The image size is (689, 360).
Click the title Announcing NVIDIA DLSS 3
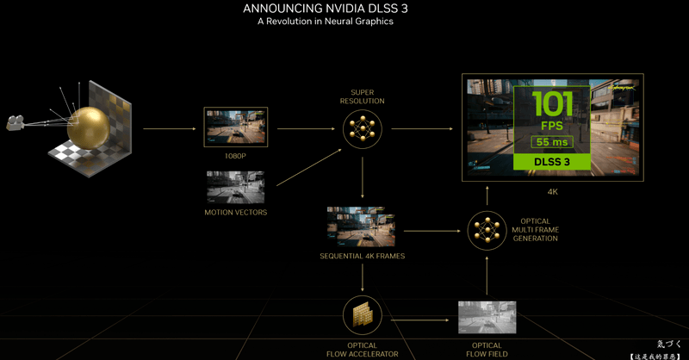325,9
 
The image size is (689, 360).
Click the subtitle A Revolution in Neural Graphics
325,22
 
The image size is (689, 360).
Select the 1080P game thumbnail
235,127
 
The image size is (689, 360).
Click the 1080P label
235,157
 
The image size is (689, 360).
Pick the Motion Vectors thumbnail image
235,187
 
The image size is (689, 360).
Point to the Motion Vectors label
235,212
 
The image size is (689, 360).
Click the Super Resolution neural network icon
362,129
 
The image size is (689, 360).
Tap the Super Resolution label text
362,96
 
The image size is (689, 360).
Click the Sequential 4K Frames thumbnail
361,227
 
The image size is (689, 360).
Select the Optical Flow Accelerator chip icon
362,315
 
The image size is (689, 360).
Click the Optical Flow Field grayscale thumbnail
487,317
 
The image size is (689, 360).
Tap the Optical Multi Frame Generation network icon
487,230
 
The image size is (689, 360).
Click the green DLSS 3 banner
551,161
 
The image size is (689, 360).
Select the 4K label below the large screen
553,191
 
